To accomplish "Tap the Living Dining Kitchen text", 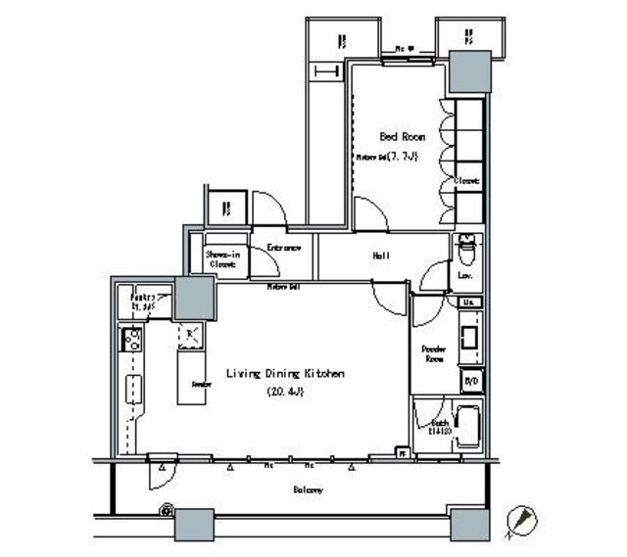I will (x=285, y=374).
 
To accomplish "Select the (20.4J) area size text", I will (x=286, y=393).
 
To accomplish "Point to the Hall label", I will (x=381, y=256).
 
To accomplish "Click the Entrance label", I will (x=283, y=249).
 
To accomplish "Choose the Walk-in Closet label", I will (x=222, y=257).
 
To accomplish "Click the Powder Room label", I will (x=434, y=353).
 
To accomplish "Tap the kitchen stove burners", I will (x=130, y=340).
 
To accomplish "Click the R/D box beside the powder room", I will (x=471, y=381).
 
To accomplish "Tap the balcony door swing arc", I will (x=160, y=476).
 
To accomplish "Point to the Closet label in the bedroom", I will (x=466, y=181).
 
